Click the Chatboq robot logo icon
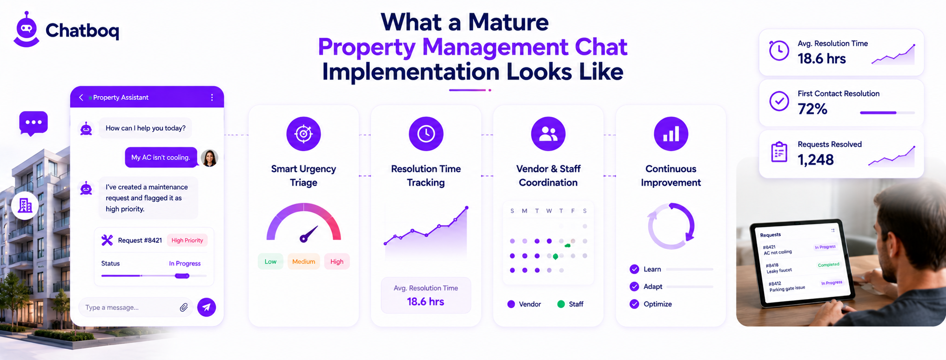click(x=27, y=29)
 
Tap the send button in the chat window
click(x=207, y=307)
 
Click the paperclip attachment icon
click(x=184, y=307)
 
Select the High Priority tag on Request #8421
click(x=187, y=240)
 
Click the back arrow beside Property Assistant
click(x=81, y=97)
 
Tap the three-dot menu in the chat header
click(x=212, y=97)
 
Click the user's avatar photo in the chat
click(x=209, y=158)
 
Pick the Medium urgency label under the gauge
click(x=303, y=261)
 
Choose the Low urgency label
click(x=270, y=261)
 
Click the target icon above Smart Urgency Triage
click(x=303, y=134)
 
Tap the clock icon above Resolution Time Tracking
click(x=426, y=134)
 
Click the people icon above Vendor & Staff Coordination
click(x=548, y=134)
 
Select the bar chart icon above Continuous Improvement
click(x=671, y=134)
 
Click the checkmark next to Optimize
click(x=634, y=304)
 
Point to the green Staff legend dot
click(x=561, y=304)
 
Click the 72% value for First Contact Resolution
click(x=812, y=109)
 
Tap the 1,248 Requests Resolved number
click(x=815, y=160)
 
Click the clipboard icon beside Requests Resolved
click(x=779, y=152)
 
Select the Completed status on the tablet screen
click(x=828, y=265)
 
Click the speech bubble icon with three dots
click(x=34, y=123)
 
